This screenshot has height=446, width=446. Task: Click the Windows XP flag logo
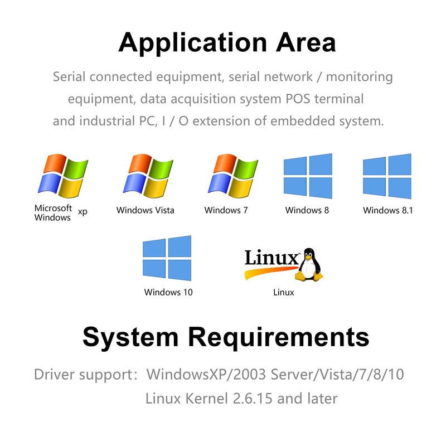63,176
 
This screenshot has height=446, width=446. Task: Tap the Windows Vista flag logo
148,176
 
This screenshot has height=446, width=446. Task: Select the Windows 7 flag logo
233,176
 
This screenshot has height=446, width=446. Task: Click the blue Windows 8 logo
308,176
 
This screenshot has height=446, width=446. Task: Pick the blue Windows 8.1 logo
387,176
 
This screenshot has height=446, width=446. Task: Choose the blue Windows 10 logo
167,258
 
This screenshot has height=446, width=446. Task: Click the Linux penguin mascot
309,264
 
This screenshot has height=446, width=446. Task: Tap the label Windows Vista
145,210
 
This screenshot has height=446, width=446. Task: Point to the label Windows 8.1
387,210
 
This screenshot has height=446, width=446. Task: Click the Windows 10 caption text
168,292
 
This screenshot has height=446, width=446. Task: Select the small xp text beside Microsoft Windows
83,212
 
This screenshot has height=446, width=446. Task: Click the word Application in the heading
192,43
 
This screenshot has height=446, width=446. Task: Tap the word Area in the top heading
306,43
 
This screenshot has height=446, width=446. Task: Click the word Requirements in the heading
279,338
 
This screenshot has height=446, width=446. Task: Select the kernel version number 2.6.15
253,398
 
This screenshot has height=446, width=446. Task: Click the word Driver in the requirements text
54,374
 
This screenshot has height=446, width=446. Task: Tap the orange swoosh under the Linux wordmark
270,272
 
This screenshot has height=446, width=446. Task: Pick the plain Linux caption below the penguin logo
284,292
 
